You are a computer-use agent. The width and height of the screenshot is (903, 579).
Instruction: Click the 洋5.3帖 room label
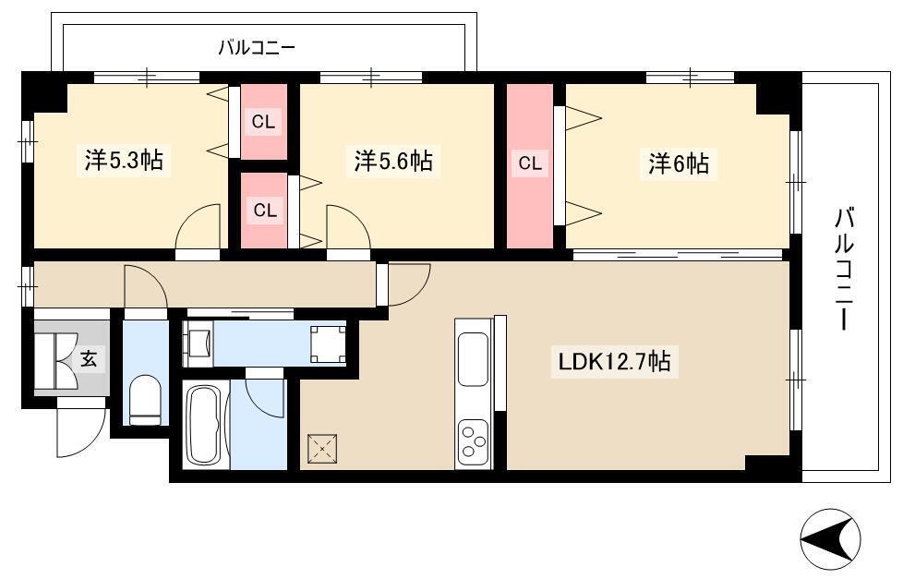pos(124,160)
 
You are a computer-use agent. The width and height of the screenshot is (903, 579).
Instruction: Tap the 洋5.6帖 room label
pos(393,160)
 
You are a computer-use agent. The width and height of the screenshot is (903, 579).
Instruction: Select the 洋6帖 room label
pos(679,163)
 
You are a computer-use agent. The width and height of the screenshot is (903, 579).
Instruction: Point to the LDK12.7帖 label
pos(615,362)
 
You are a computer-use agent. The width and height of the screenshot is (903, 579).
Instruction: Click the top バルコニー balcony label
pos(257,48)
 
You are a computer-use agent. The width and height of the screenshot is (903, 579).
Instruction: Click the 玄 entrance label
pos(88,359)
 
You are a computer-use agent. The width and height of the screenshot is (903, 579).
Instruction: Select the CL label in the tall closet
pos(530,163)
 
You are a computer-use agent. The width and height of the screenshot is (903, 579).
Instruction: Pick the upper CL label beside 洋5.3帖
pos(264,122)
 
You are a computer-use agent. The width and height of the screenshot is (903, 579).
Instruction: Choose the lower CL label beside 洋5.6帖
pos(265,211)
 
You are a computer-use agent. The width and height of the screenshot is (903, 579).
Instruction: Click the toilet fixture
pos(145,400)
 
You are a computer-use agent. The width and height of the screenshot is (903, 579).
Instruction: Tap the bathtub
pos(206,425)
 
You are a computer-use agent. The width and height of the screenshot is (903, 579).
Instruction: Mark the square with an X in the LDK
pos(322,448)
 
